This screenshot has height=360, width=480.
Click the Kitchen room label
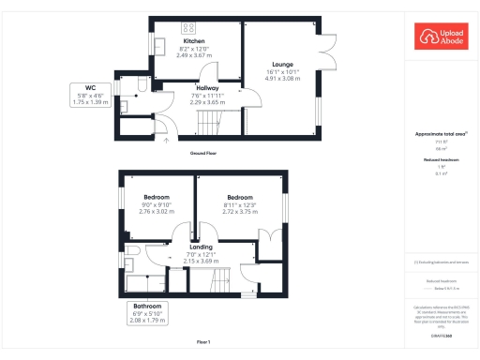(x=194, y=41)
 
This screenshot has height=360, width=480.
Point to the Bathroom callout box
(x=146, y=313)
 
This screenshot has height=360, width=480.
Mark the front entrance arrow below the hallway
(x=167, y=140)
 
